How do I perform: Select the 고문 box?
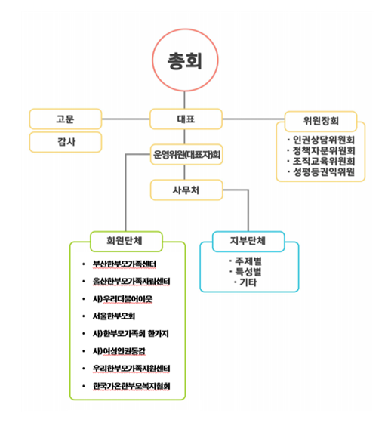[x=66, y=119]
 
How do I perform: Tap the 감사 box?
[x=66, y=142]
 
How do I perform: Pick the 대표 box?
[x=186, y=119]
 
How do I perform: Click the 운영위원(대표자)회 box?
[x=186, y=155]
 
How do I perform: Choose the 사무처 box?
[x=186, y=190]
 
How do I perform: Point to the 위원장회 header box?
[x=321, y=122]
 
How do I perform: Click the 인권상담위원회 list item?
[x=321, y=140]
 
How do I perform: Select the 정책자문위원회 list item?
[x=321, y=150]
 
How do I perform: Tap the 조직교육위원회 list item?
[x=321, y=161]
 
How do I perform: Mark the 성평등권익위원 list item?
[x=321, y=172]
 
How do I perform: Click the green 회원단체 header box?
[x=126, y=242]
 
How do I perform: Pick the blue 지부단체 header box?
[x=248, y=242]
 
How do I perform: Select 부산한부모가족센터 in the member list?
[x=125, y=264]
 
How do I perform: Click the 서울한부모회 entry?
[x=114, y=316]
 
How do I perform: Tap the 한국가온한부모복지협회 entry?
[x=131, y=386]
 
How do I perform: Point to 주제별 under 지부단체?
[x=245, y=261]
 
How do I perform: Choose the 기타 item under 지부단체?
[x=245, y=282]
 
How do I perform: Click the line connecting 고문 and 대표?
[x=126, y=119]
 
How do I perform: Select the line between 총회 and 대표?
[x=184, y=100]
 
